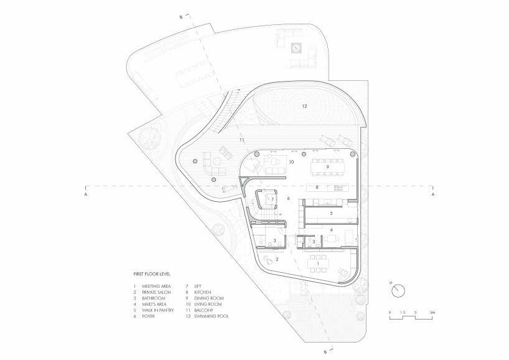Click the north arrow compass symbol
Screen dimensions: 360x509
[x=399, y=290]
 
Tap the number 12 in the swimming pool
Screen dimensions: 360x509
[x=304, y=106]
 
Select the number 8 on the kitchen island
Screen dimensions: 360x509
[x=317, y=187]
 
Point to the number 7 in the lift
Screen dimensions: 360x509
[x=272, y=199]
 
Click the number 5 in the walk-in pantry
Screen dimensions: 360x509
[x=332, y=213]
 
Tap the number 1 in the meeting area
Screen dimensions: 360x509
[x=319, y=264]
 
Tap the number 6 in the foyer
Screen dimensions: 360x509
[x=289, y=198]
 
